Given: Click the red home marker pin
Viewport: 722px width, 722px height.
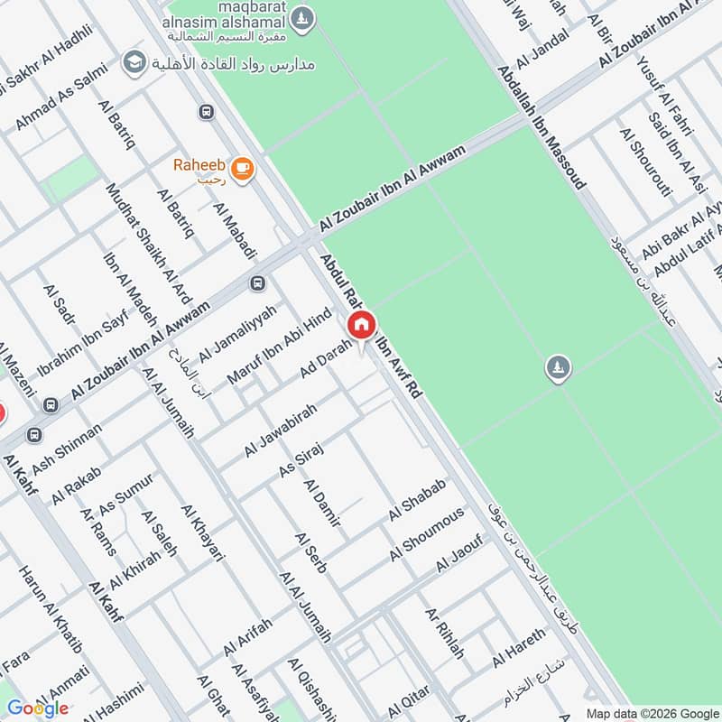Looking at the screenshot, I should point(361,326).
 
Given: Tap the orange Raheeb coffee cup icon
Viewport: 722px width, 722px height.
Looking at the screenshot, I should point(242,168).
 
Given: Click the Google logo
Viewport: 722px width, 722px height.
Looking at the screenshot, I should point(37,708).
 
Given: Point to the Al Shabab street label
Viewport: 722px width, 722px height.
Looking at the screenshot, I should point(418,499).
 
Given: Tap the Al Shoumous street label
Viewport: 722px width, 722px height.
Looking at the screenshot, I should point(427,532).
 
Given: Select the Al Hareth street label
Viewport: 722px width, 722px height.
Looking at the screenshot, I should point(519,647).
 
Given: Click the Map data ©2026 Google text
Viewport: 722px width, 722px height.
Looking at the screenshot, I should point(651,713).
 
